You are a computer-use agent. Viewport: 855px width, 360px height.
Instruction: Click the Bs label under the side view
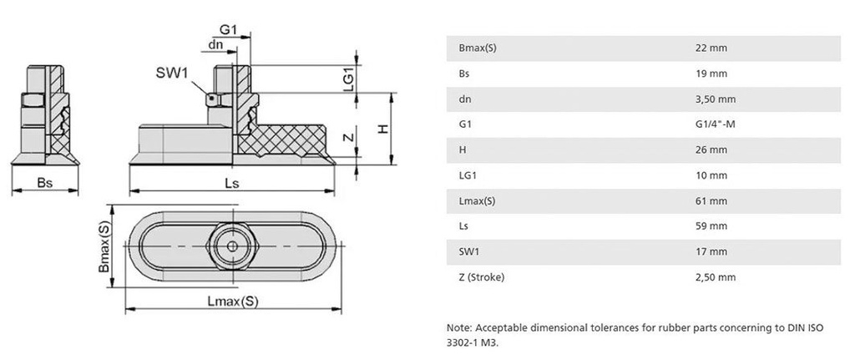point(45,184)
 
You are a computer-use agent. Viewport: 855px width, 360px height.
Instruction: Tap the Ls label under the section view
point(233,184)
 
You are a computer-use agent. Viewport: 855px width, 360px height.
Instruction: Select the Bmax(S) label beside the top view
point(104,249)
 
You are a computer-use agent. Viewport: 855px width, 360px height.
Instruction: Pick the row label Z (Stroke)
point(483,277)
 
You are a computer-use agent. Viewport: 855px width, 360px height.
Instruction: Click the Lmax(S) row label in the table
point(478,201)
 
